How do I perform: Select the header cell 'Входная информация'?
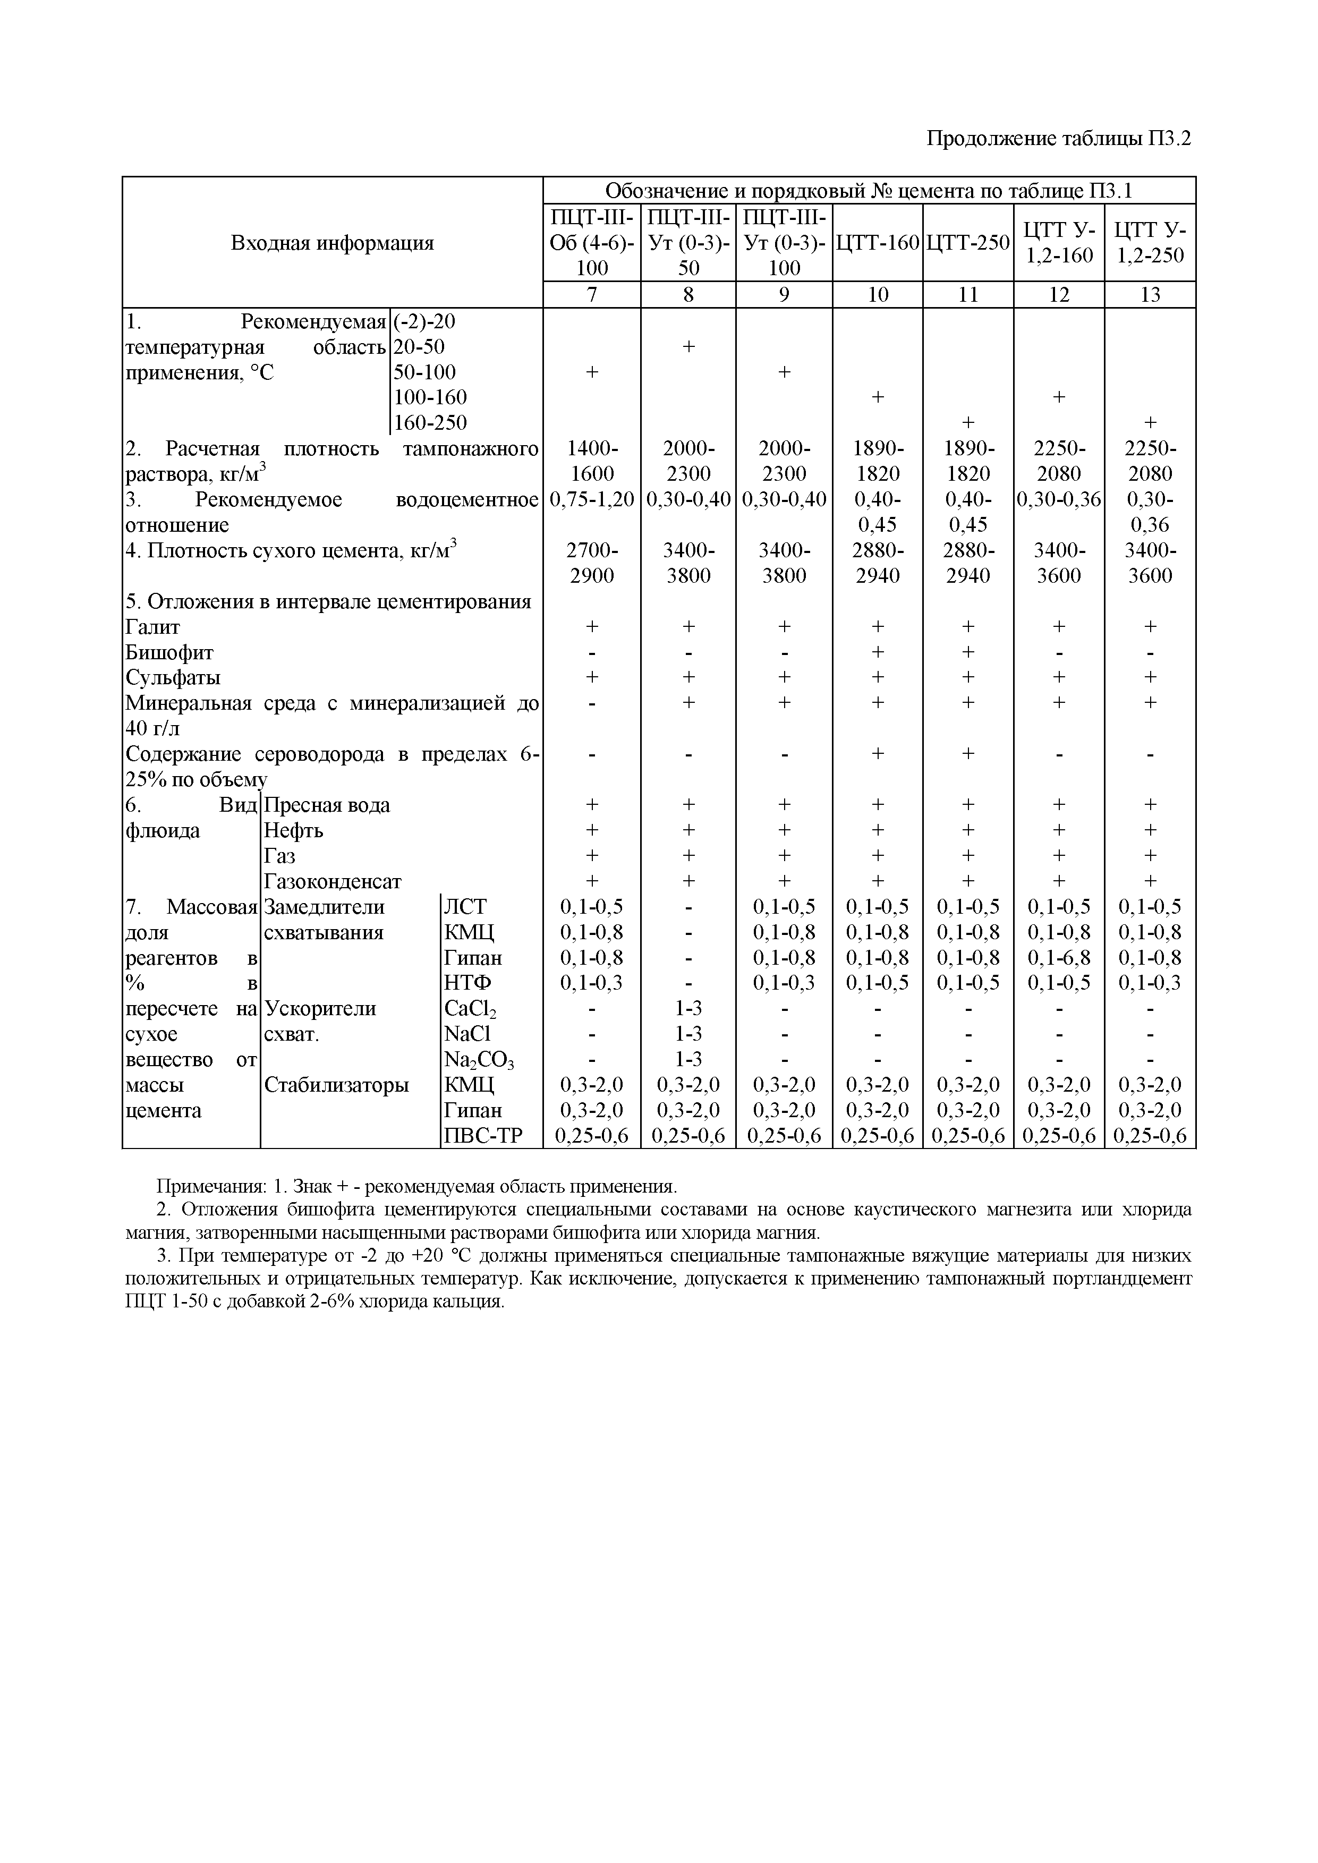point(332,243)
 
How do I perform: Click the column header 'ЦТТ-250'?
point(968,243)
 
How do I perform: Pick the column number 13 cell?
point(1150,294)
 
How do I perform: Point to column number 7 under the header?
point(592,294)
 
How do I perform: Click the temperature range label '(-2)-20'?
point(424,321)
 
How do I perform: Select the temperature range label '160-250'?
point(430,423)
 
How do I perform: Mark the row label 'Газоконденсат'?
point(333,881)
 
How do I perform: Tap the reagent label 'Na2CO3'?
point(479,1060)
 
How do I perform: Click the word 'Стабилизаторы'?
point(337,1085)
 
